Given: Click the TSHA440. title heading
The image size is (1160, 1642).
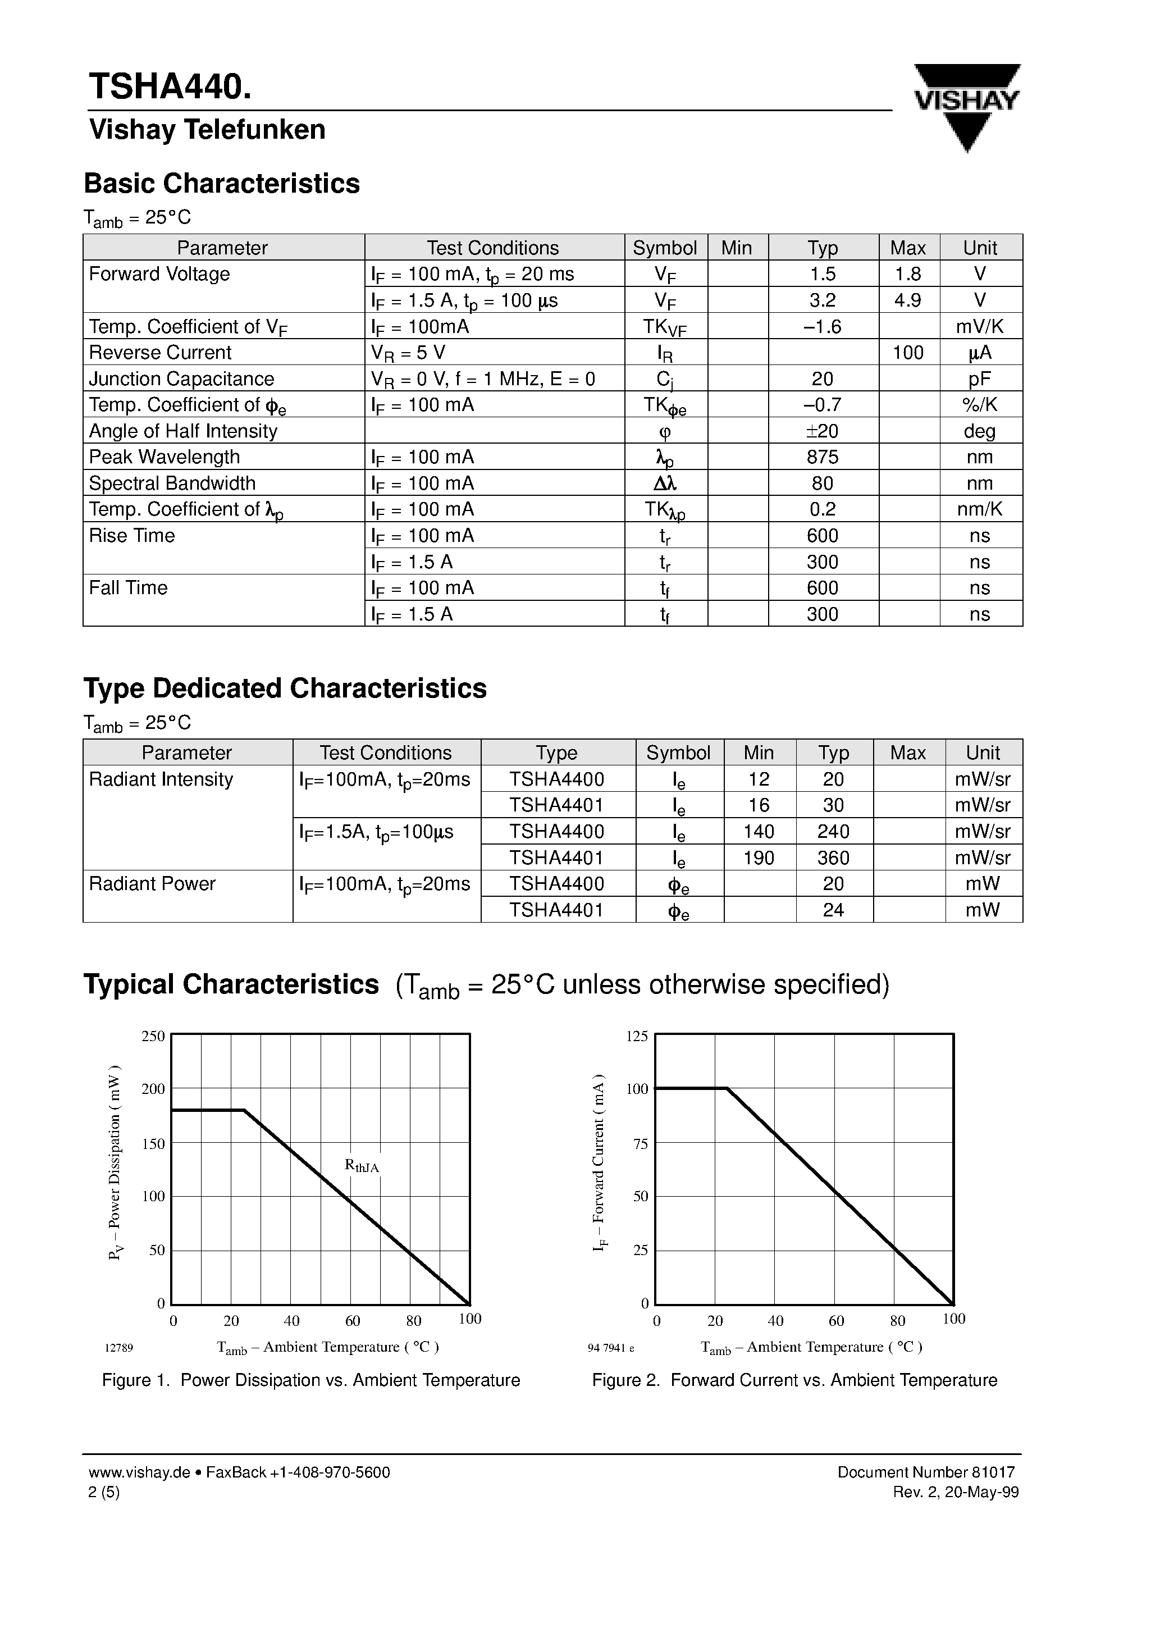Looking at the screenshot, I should coord(170,86).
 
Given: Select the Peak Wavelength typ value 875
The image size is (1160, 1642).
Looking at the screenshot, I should coord(823,457).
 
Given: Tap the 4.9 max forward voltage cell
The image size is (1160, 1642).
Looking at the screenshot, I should coord(907,300).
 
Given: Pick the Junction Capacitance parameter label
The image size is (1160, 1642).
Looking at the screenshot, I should coord(182,379).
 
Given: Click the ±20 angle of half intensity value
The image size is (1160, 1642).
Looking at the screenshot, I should coord(822,431).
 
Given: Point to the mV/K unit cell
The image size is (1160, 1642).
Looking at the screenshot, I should coord(980,327).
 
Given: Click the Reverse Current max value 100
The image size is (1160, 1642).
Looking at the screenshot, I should coord(907,353).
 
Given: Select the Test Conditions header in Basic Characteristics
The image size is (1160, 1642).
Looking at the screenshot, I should coord(493,248).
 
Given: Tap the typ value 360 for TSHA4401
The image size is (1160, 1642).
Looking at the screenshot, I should coord(833,858).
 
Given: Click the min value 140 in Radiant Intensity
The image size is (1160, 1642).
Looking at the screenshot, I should coord(758,832).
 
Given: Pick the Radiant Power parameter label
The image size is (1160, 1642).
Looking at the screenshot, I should coord(152,884).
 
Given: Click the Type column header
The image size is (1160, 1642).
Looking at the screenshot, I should coord(556,753).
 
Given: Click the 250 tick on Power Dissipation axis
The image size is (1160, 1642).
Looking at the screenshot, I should coord(153,1036).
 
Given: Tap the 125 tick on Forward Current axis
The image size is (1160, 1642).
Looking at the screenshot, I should coord(637,1036).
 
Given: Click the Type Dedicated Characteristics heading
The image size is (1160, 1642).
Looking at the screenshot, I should coord(285,688).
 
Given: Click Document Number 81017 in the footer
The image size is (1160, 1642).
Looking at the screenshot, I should coord(925,1472).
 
